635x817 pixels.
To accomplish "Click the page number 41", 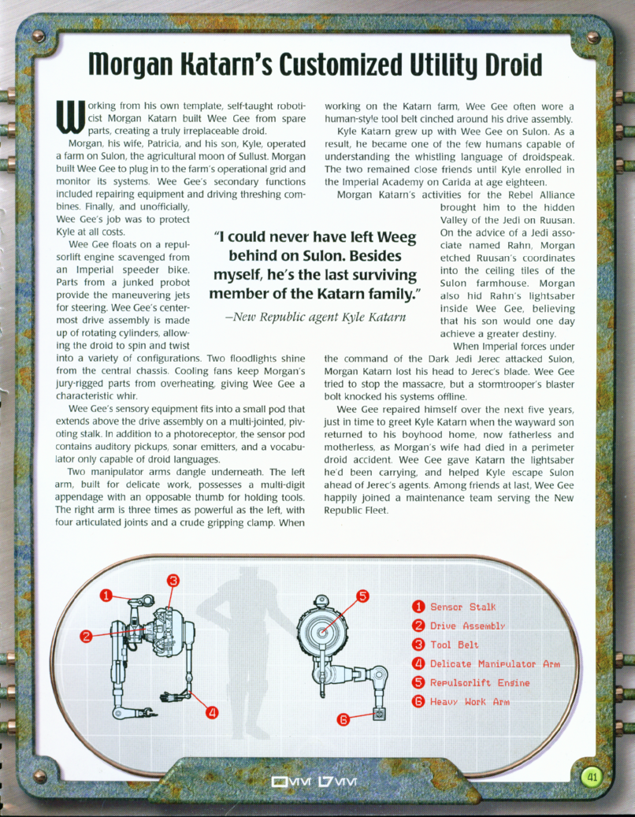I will coord(592,778).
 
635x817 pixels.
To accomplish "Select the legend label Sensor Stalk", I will coord(463,607).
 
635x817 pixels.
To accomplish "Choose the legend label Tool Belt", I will coord(455,645).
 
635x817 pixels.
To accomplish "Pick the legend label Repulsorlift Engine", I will coord(480,683).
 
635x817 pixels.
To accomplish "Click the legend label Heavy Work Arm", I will coord(470,702).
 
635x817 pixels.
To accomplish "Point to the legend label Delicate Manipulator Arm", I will coord(495,664).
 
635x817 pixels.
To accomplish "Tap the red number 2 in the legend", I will coord(419,626).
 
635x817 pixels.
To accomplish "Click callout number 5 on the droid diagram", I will coord(363,596).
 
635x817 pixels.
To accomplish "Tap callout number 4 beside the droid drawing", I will coord(212,713).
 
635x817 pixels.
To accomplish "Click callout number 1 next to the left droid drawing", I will coord(105,596).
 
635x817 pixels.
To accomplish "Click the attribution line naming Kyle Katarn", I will coord(314,318).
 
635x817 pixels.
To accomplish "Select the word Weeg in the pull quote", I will coord(390,237).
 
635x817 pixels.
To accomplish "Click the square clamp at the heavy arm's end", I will coord(381,715).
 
